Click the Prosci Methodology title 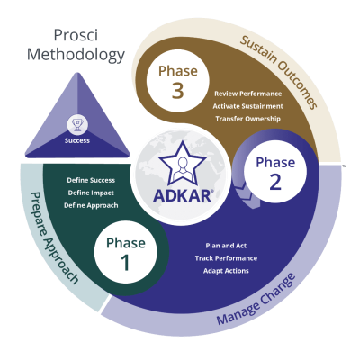[76, 44]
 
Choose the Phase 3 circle [176, 79]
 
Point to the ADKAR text [183, 193]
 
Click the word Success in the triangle [76, 140]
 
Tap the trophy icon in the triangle [76, 121]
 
